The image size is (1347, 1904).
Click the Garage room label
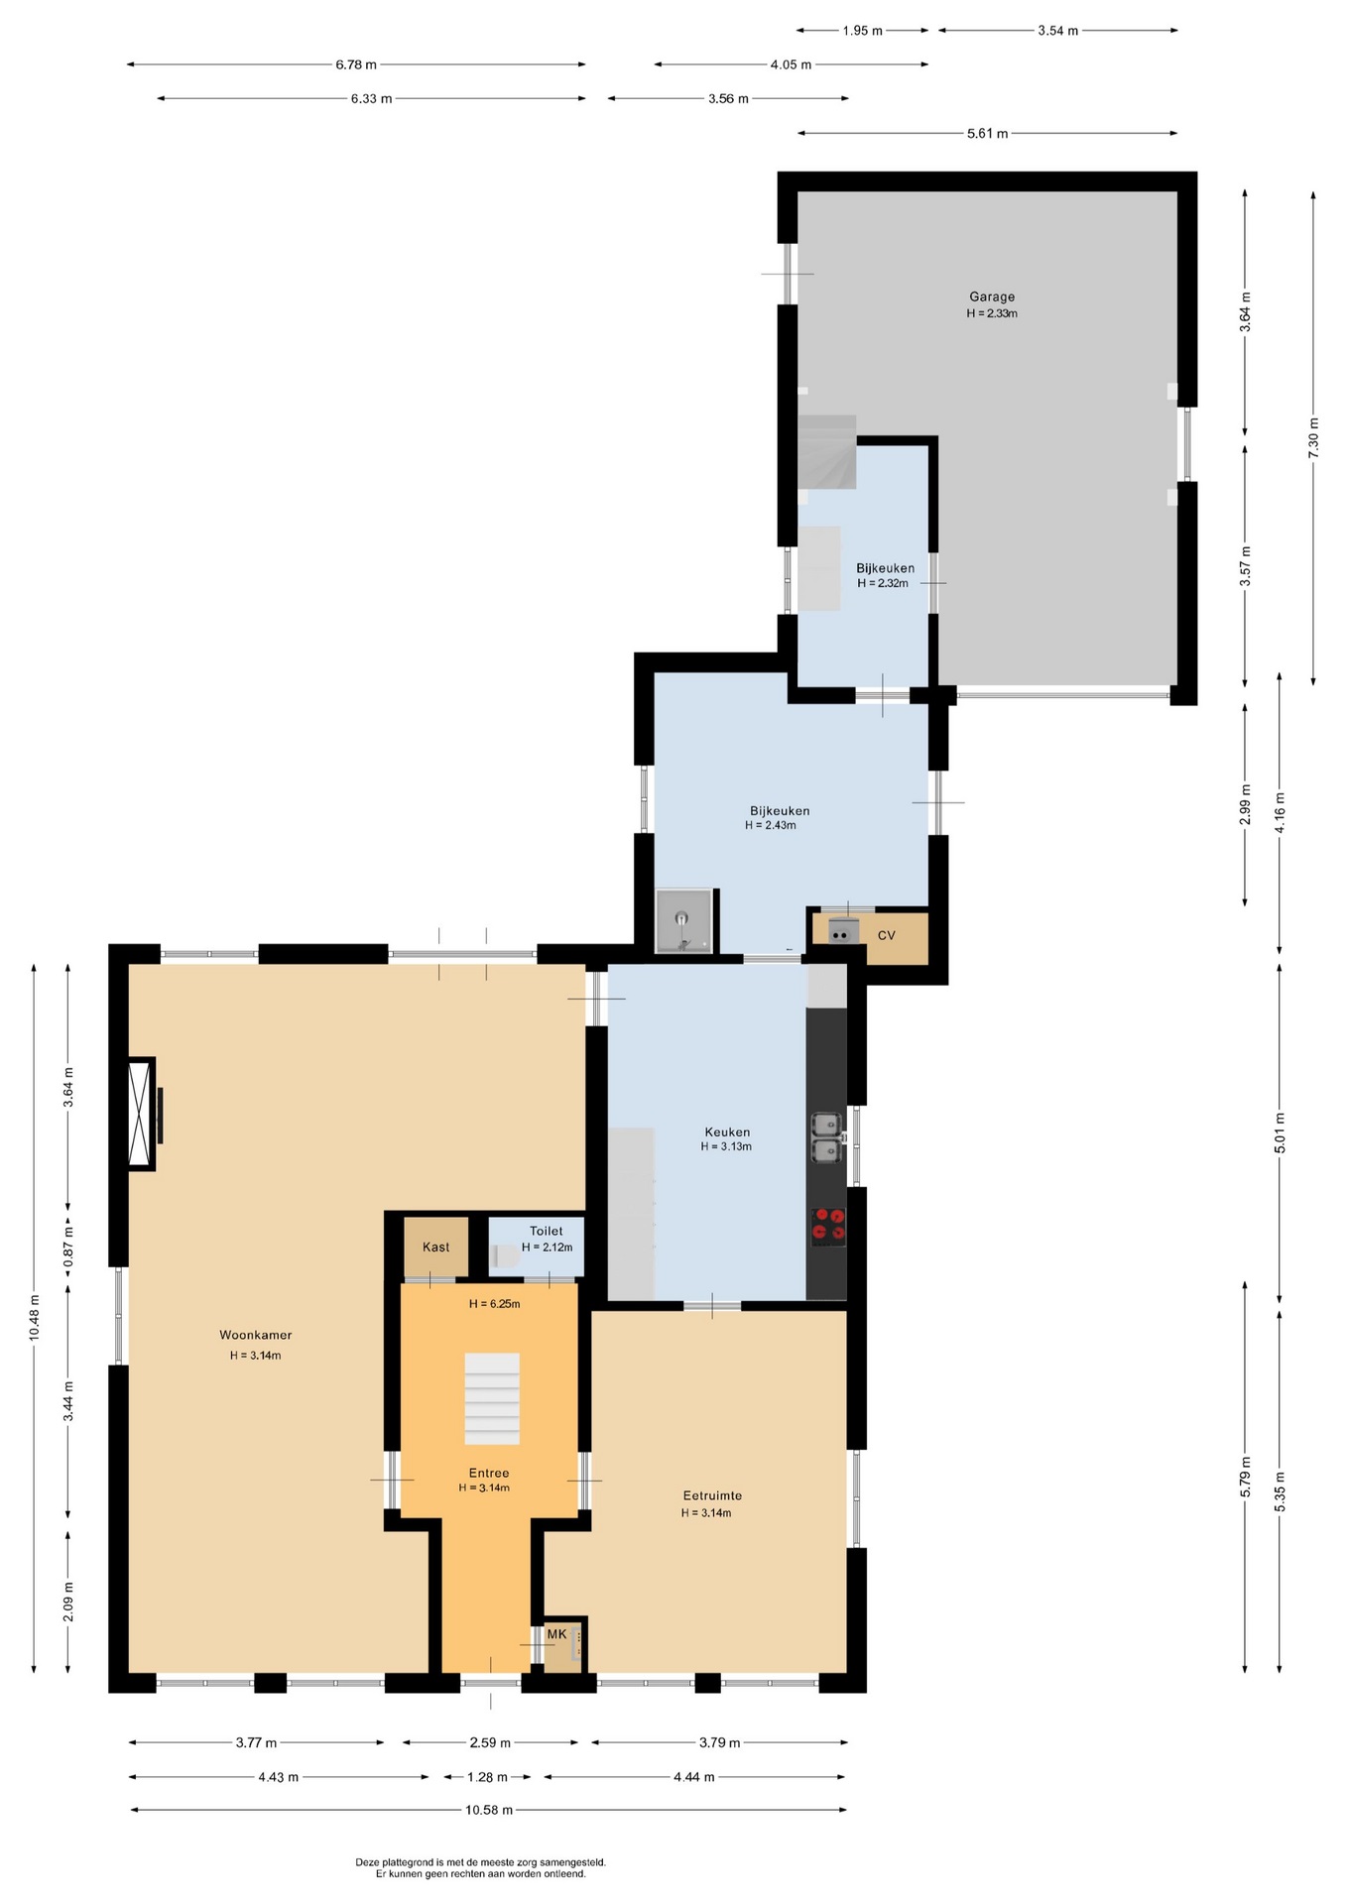click(992, 297)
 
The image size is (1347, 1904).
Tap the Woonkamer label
click(256, 1335)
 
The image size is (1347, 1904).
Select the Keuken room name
click(727, 1131)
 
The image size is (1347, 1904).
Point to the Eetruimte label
click(712, 1495)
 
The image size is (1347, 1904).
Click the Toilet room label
click(546, 1231)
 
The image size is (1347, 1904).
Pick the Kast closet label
click(435, 1247)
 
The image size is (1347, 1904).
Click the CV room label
click(887, 935)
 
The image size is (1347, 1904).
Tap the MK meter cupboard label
click(556, 1633)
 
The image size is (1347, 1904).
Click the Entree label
click(489, 1473)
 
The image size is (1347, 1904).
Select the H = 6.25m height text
click(494, 1303)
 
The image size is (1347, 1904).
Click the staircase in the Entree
click(492, 1398)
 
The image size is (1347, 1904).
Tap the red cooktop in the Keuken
click(828, 1227)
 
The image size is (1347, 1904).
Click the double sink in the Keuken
click(826, 1137)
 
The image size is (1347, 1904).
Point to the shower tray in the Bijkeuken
click(683, 920)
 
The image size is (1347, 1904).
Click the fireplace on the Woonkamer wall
click(143, 1114)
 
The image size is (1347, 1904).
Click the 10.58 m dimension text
click(489, 1809)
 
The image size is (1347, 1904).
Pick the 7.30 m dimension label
click(1313, 437)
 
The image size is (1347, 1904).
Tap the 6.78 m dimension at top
click(356, 64)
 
